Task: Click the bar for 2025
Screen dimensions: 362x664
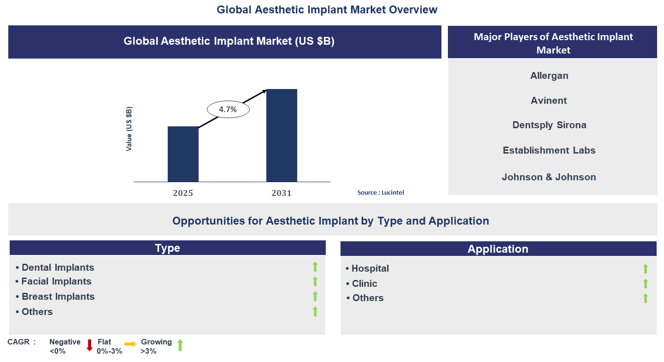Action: pos(183,154)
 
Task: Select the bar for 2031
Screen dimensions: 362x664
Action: pos(282,136)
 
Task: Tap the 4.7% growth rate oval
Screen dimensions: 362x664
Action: pos(228,110)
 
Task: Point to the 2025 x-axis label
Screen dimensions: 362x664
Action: pos(183,193)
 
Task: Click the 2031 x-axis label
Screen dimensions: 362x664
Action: pos(282,193)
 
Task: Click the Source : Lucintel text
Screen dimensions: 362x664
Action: pos(381,192)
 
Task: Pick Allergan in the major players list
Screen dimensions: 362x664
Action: pos(549,76)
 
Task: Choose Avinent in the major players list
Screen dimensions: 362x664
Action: pos(549,101)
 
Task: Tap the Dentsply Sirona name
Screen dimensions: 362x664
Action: pos(549,125)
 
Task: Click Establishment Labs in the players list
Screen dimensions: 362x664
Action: pos(549,150)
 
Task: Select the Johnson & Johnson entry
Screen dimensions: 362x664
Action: pos(549,177)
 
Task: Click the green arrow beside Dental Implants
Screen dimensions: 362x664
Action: pos(315,267)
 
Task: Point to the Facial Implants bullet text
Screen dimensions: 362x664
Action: pos(56,281)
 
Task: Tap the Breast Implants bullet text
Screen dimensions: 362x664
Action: pos(58,297)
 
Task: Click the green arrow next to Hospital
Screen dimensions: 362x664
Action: pos(646,268)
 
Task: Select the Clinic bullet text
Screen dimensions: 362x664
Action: pos(364,284)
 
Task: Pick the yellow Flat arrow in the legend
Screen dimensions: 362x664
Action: pos(130,344)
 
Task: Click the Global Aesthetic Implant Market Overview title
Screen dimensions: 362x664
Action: pos(327,10)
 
